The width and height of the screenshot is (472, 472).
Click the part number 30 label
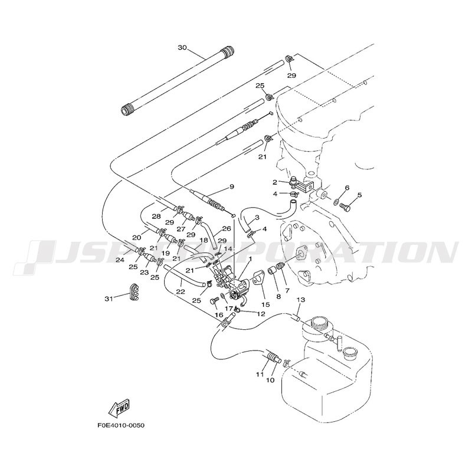[x=182, y=47]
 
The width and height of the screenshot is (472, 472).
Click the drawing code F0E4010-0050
[x=121, y=425]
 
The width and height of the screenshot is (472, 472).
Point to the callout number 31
[x=108, y=299]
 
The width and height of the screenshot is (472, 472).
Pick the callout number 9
[x=232, y=186]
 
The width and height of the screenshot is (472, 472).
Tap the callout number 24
[x=120, y=260]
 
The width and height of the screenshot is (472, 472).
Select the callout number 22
[x=180, y=291]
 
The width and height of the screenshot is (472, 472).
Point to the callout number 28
[x=156, y=217]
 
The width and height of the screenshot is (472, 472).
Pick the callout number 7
[x=287, y=291]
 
